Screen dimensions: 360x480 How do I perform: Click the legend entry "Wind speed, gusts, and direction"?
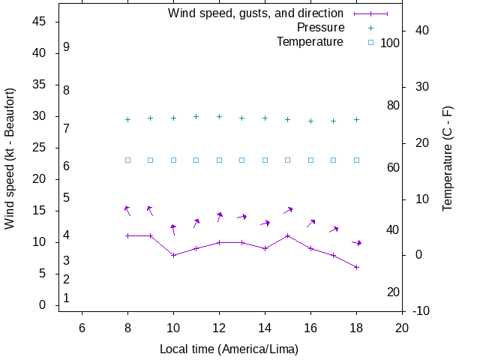point(256,13)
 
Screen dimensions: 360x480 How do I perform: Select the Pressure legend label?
point(320,28)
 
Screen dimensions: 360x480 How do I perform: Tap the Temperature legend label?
point(310,42)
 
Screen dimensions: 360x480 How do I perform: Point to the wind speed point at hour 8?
point(127,235)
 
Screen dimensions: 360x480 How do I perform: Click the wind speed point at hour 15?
point(287,235)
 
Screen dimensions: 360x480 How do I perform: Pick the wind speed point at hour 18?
point(356,267)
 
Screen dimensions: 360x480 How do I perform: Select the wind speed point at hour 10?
point(173,255)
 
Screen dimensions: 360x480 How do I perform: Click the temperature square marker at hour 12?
point(219,160)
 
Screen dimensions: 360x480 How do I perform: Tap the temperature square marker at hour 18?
point(356,160)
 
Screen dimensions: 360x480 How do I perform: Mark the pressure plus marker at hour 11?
point(196,117)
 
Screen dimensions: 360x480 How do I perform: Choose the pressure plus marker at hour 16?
point(310,121)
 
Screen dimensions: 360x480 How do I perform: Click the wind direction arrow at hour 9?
point(150,211)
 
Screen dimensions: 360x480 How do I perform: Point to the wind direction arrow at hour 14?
point(265,223)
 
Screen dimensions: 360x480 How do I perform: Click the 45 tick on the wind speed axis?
point(40,22)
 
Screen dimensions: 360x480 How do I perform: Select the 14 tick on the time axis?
point(265,327)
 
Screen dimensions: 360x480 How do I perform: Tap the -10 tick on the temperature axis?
point(421,310)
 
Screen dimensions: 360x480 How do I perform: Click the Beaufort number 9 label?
point(67,47)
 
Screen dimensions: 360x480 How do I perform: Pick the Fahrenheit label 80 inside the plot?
point(393,105)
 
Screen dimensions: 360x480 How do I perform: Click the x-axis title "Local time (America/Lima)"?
point(229,349)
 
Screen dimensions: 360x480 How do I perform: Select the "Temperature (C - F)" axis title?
point(448,157)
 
